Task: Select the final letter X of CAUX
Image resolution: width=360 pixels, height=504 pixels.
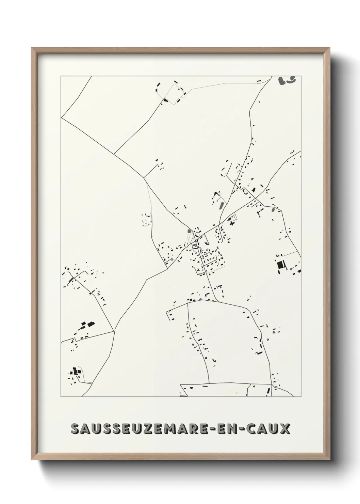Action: tap(285, 429)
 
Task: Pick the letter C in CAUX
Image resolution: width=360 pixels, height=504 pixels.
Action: tap(253, 429)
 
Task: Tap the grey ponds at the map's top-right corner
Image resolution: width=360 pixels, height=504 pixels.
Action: tap(287, 80)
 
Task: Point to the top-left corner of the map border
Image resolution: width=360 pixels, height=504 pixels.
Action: tap(61, 76)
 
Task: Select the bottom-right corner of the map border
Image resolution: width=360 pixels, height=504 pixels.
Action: tap(301, 397)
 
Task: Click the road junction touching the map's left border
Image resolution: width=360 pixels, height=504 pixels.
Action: tap(61, 118)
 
